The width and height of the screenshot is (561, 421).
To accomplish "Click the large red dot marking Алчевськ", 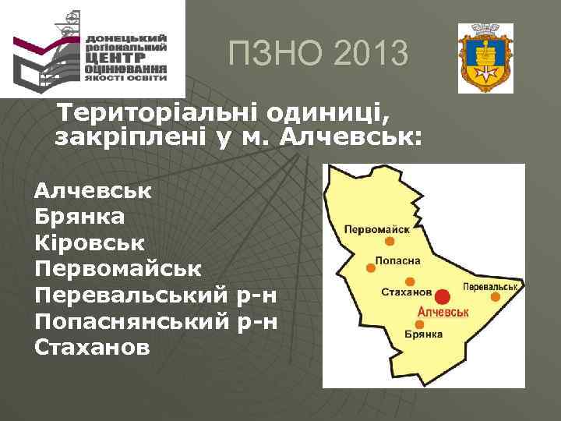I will pos(442,296).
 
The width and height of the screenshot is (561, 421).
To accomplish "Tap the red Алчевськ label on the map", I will pos(443,312).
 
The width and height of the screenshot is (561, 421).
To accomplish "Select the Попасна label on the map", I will pos(398,261).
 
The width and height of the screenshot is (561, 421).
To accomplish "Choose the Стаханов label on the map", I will pos(405,292).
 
